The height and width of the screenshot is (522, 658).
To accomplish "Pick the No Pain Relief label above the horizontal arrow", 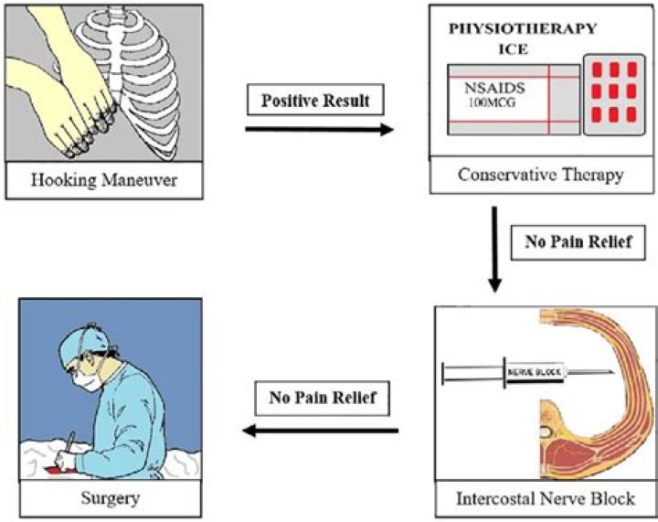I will (x=323, y=398).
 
